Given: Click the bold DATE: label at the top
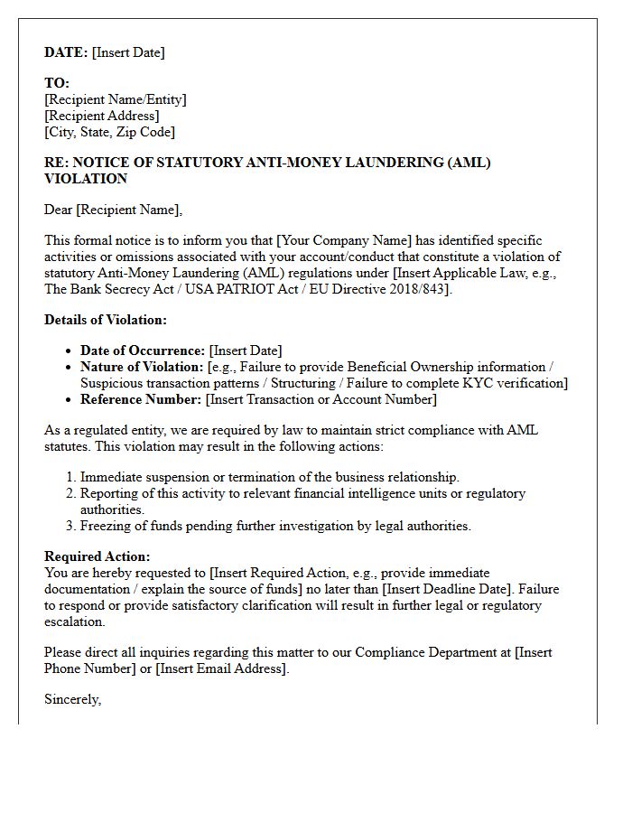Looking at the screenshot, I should point(66,52).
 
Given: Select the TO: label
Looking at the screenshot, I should point(57,83).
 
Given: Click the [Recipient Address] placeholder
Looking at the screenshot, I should point(102,116).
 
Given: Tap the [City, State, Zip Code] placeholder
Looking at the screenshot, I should point(109,132).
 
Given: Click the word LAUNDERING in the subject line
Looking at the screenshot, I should point(395,163).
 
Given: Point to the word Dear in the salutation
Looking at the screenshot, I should point(59,210).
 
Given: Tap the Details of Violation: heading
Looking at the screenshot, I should point(106,320).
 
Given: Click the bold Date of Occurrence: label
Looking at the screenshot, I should point(143,350).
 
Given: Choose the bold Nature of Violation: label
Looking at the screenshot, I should point(142,367).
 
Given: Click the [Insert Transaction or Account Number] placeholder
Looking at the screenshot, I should point(321,399).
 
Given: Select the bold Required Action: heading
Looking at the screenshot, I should point(98,556).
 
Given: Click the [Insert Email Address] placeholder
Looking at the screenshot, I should point(221,668).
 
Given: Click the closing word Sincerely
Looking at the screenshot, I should point(72,699).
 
